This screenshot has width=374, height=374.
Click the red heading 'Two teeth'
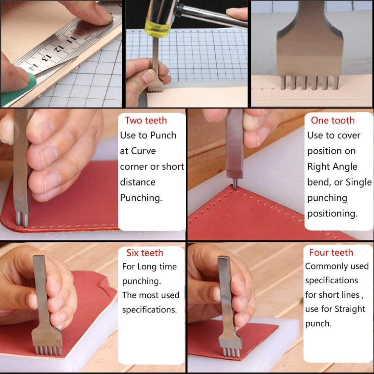(146, 121)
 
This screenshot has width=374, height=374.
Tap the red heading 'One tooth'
(333, 121)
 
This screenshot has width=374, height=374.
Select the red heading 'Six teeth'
(145, 253)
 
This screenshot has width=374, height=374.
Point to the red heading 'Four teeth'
(331, 252)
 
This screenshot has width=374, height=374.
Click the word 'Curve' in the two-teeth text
(143, 151)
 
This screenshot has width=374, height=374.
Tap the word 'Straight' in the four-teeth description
(350, 309)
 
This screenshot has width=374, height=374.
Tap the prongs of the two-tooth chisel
(22, 219)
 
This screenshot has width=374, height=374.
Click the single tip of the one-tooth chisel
(235, 184)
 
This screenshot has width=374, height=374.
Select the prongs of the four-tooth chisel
(231, 352)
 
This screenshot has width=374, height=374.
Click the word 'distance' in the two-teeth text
(138, 182)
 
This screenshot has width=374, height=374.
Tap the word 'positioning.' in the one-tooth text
(332, 214)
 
